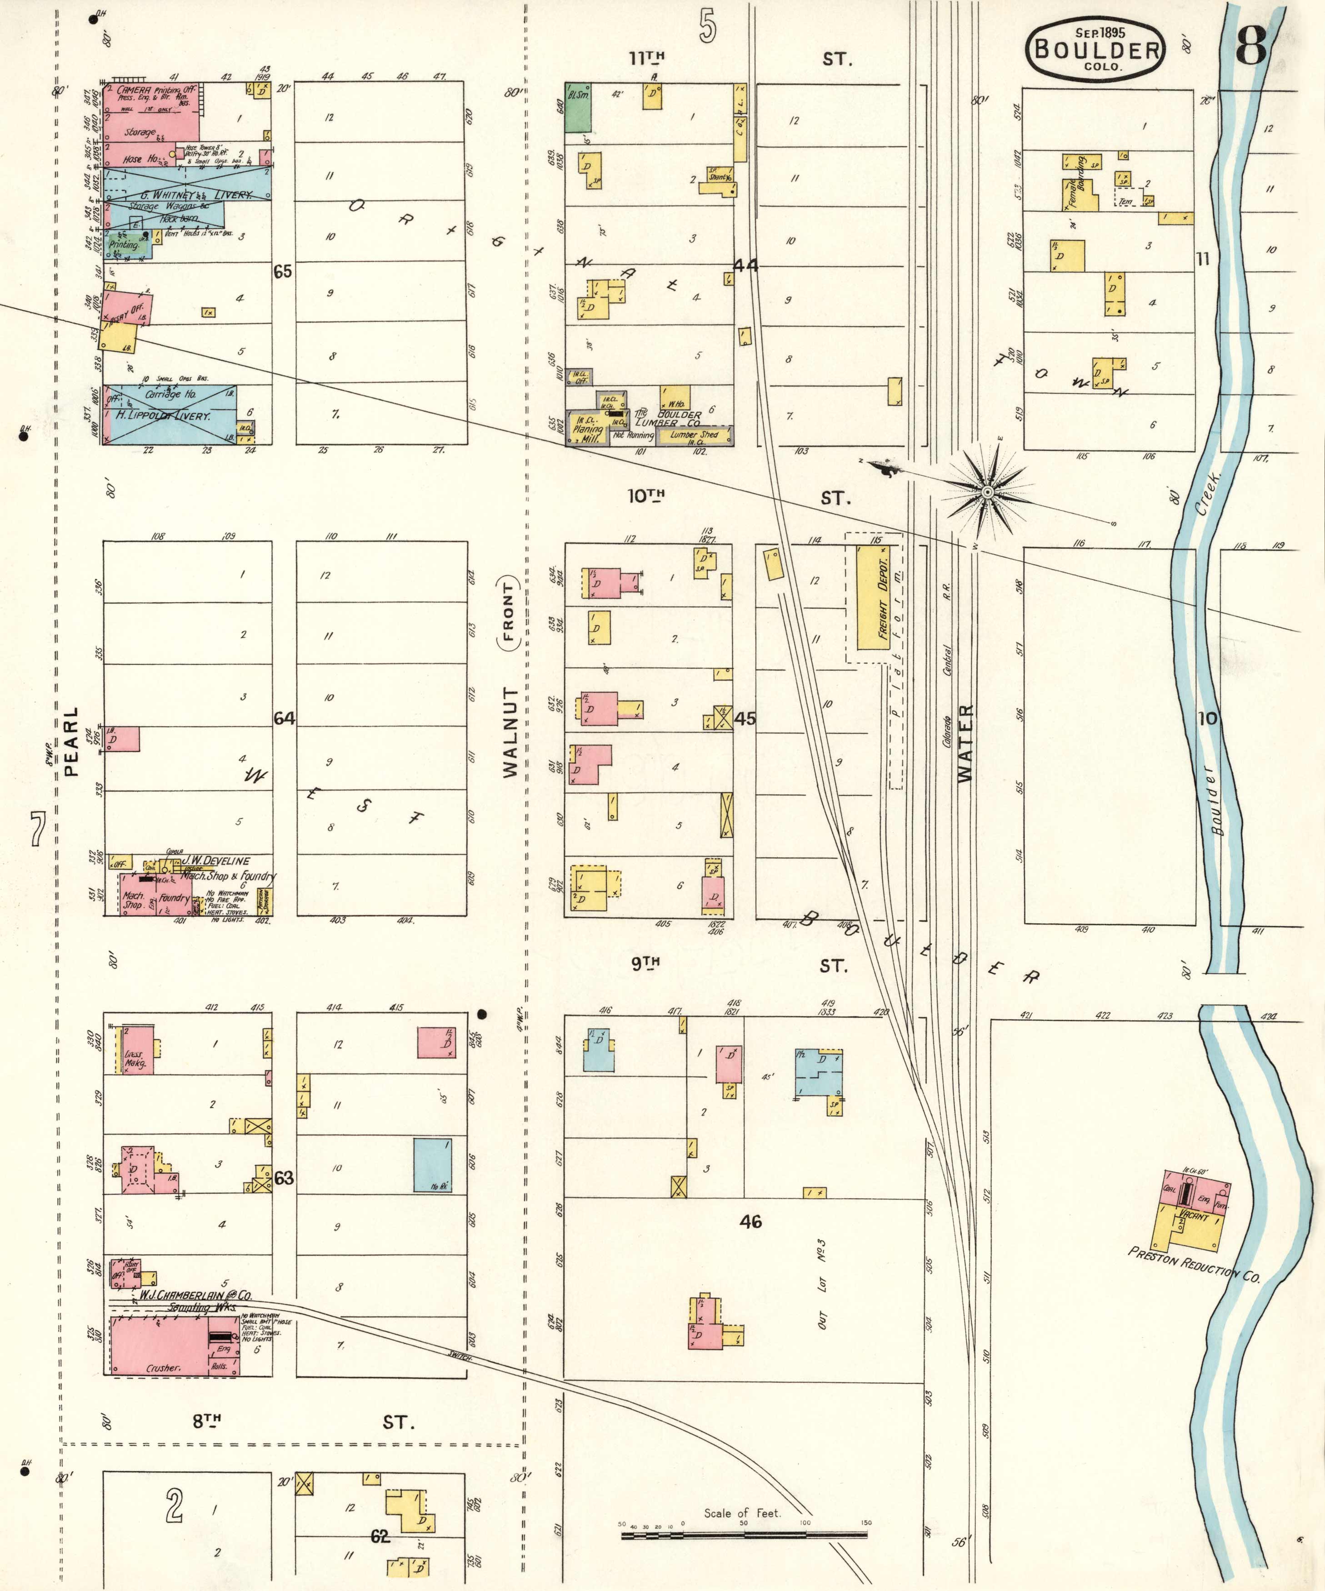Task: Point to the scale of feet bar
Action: tap(744, 1535)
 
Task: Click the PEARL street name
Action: tap(71, 742)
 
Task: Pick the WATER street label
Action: tap(965, 742)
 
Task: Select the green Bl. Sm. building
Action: tap(578, 108)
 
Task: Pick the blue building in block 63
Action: tap(433, 1165)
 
